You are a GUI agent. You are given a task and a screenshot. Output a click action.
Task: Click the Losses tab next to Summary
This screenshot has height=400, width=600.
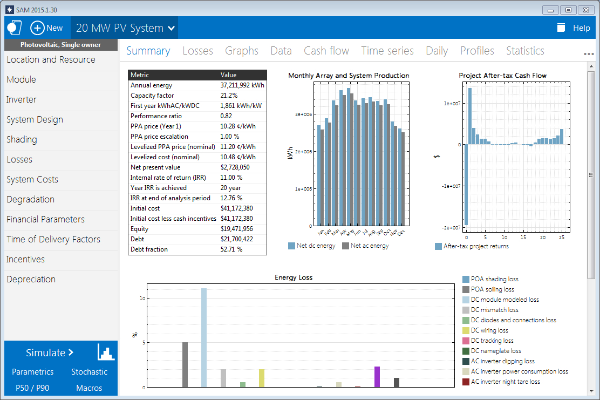coord(197,51)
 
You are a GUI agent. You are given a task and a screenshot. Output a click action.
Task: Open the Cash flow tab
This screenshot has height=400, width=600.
coord(326,51)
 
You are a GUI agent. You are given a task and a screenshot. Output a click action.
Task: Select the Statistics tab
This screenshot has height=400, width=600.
coord(524,51)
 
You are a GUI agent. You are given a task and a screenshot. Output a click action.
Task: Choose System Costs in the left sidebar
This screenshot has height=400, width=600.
coord(32,179)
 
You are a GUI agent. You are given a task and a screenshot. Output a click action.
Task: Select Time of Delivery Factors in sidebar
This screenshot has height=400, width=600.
coord(53,239)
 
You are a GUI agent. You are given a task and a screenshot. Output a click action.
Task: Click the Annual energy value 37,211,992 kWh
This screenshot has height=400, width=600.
coord(242,85)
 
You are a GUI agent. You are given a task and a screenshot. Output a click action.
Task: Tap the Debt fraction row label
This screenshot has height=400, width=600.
coord(149,249)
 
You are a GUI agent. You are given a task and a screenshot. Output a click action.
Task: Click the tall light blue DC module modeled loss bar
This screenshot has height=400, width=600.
coord(204,337)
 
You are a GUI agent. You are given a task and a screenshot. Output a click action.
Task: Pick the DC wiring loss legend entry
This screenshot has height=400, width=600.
coord(489,330)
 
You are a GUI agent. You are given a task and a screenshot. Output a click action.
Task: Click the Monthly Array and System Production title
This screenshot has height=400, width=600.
coord(349,76)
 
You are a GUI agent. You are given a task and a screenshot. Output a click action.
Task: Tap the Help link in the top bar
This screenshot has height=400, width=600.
coord(581,28)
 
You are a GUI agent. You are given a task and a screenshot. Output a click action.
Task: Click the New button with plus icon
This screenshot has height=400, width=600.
coord(46,28)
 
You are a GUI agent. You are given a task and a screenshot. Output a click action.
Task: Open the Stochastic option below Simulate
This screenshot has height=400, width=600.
coord(89,371)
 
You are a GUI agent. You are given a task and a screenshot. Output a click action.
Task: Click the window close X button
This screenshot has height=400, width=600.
coord(585,10)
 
